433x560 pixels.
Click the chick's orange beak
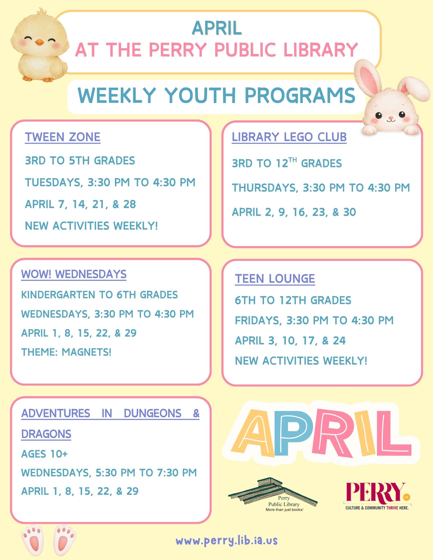(40, 43)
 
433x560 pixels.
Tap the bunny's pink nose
(390, 118)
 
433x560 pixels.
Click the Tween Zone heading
(62, 137)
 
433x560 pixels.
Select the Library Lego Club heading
(289, 137)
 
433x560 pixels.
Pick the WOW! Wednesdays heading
(74, 274)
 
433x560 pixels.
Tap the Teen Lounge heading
(275, 279)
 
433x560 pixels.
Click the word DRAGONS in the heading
(46, 434)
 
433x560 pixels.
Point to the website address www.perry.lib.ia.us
(226, 541)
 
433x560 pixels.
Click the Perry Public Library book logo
(273, 495)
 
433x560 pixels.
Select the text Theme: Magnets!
(66, 352)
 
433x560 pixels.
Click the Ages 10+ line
(44, 454)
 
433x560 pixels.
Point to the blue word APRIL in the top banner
(217, 28)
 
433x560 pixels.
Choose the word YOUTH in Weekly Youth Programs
(200, 95)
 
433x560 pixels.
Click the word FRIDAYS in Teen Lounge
(258, 321)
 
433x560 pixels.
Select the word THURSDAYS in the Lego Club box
(265, 188)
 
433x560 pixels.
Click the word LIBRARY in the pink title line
(321, 50)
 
